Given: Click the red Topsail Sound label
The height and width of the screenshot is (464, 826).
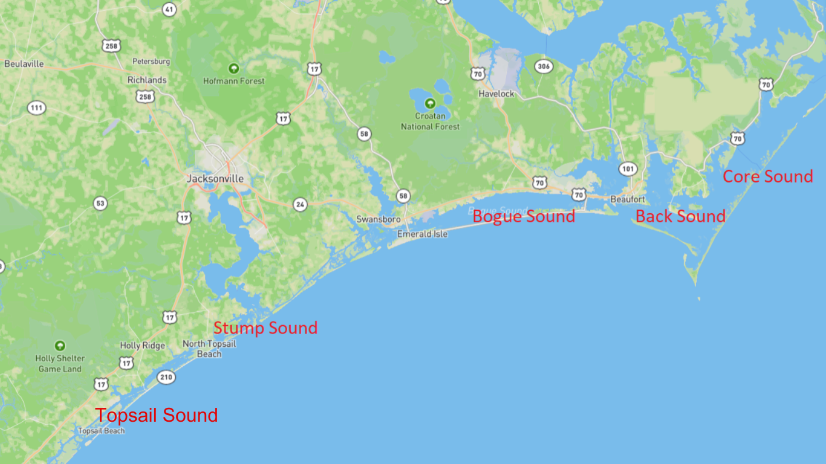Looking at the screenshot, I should pyautogui.click(x=157, y=415).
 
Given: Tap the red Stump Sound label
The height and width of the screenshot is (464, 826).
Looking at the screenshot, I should pyautogui.click(x=265, y=328).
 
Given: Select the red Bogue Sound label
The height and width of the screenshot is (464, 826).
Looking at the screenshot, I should pyautogui.click(x=524, y=216).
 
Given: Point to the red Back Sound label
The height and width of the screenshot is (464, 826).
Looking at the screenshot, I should pyautogui.click(x=680, y=216).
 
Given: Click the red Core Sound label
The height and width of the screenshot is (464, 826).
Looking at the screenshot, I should pyautogui.click(x=768, y=176).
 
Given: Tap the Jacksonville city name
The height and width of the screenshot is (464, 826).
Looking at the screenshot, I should pyautogui.click(x=215, y=179).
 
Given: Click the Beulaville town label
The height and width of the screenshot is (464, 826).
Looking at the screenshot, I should pyautogui.click(x=24, y=63).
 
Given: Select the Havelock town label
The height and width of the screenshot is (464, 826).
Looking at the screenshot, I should pyautogui.click(x=496, y=94).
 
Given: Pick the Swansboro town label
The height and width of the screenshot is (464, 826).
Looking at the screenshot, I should pyautogui.click(x=378, y=219).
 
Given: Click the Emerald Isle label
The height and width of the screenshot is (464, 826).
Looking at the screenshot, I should pyautogui.click(x=422, y=234).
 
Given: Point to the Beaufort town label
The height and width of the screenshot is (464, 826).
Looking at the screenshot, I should pyautogui.click(x=628, y=199).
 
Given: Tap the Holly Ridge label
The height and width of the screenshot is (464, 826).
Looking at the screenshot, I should pyautogui.click(x=142, y=346).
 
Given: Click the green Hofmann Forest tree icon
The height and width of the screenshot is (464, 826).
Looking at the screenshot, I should pyautogui.click(x=233, y=68).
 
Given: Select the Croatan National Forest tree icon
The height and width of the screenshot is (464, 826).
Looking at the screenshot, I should pyautogui.click(x=430, y=103).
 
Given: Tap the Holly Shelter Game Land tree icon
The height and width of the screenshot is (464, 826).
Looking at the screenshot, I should pyautogui.click(x=59, y=346).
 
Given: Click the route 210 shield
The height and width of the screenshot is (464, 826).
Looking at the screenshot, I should pyautogui.click(x=166, y=378).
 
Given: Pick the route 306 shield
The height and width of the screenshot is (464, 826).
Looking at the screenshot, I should pyautogui.click(x=544, y=66).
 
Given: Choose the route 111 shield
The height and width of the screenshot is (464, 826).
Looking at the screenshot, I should pyautogui.click(x=36, y=108).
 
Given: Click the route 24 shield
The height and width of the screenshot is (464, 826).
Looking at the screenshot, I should pyautogui.click(x=300, y=204).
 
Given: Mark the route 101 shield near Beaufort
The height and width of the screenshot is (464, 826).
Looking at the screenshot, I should pyautogui.click(x=628, y=169).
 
